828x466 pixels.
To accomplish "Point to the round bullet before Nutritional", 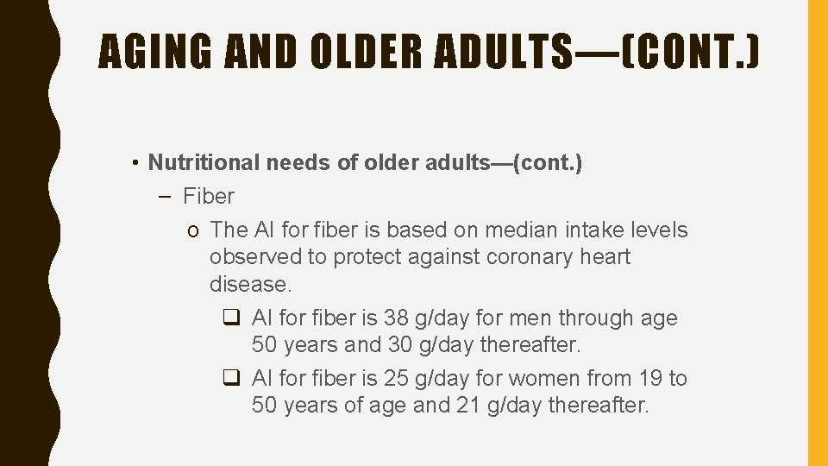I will click(x=137, y=163).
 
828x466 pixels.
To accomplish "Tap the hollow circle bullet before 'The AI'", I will click(x=196, y=231).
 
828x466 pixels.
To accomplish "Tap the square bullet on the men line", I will click(x=231, y=318).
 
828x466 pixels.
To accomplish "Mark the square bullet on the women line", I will click(x=231, y=379).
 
